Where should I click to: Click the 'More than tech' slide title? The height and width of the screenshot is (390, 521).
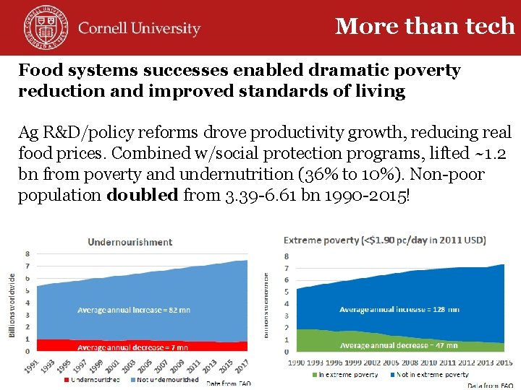click(x=425, y=26)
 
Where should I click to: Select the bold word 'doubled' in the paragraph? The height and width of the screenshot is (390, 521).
click(x=143, y=195)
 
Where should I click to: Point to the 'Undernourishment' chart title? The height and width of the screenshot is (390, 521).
click(x=130, y=242)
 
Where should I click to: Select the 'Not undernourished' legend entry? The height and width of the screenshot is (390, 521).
click(x=164, y=380)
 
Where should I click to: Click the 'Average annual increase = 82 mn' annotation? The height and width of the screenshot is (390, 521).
click(x=134, y=310)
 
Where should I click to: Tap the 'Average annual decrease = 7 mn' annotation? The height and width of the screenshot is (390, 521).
click(x=132, y=347)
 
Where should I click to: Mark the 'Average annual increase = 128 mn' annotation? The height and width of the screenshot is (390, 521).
click(x=399, y=309)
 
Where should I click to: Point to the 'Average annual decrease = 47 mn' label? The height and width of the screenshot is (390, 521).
click(x=399, y=345)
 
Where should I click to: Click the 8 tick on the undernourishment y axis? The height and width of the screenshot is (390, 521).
click(x=27, y=253)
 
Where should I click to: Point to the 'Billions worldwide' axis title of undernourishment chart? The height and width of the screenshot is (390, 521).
click(x=12, y=305)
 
